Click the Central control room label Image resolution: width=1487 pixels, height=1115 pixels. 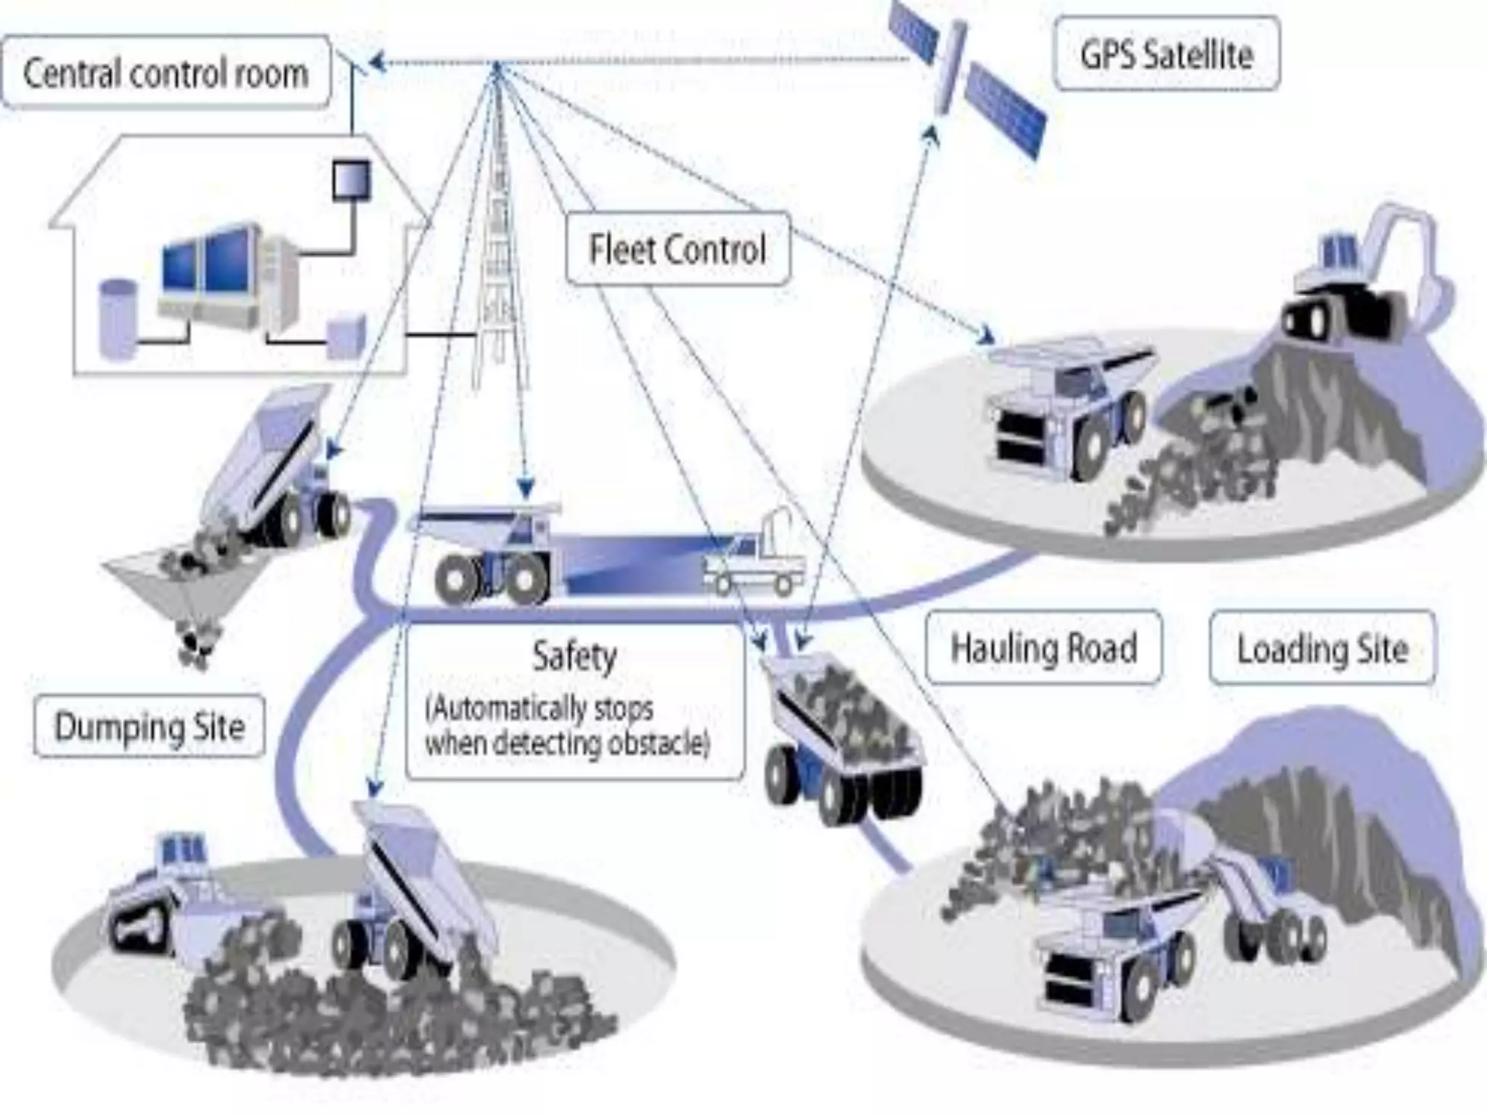[x=166, y=73]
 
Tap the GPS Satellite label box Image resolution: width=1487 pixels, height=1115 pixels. [x=1166, y=55]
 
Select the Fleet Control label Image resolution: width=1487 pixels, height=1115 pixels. [x=677, y=249]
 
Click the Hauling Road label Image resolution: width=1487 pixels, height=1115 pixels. [x=1043, y=648]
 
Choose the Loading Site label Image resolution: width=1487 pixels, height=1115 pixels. [x=1322, y=648]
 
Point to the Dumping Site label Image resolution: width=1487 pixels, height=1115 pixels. [x=150, y=727]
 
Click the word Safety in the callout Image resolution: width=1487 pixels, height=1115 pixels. [x=574, y=655]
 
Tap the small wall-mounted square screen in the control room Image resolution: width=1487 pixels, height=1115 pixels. [x=351, y=181]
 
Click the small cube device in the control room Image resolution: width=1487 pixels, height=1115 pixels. [x=346, y=338]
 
